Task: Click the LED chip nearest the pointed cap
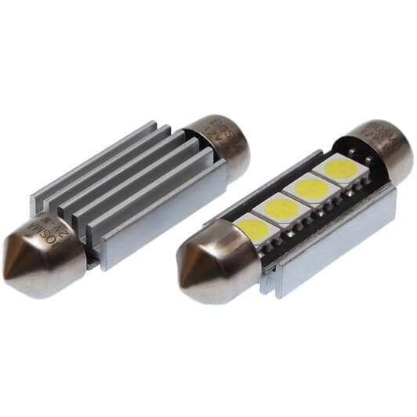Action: tap(256, 227)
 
